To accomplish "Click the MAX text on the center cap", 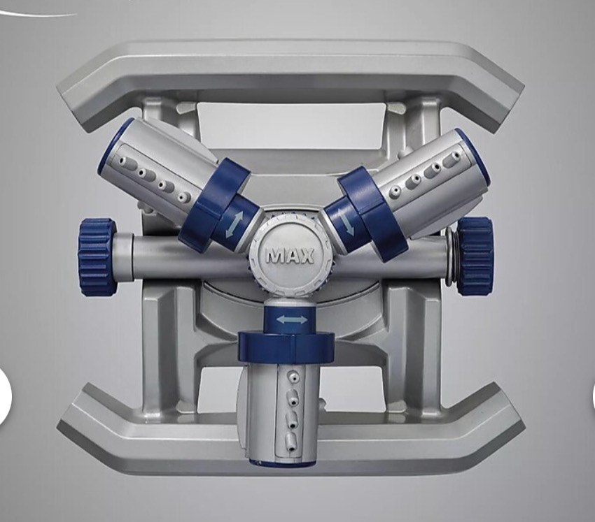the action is pyautogui.click(x=290, y=256).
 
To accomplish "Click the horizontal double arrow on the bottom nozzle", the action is pyautogui.click(x=291, y=320).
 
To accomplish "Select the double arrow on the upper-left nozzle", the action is pyautogui.click(x=234, y=224).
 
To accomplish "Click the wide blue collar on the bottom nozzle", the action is pyautogui.click(x=286, y=347).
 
